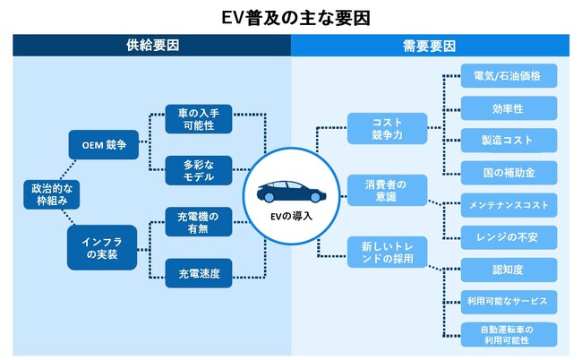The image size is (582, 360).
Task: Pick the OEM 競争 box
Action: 104,143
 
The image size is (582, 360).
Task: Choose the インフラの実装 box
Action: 104,246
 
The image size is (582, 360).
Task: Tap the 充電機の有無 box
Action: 201,221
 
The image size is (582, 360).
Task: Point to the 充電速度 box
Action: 201,271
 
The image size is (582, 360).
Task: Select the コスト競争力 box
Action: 388,127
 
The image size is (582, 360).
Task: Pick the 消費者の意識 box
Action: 388,190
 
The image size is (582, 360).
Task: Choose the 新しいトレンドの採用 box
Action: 388,253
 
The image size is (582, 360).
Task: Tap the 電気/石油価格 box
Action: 509,75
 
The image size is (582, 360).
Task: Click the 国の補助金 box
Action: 509,172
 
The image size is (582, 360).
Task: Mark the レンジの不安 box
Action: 509,236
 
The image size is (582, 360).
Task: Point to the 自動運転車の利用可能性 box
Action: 509,334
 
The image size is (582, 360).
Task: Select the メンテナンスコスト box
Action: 509,204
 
